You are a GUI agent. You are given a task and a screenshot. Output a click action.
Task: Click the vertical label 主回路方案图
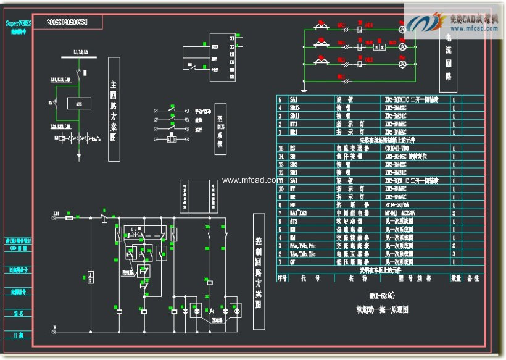(114, 110)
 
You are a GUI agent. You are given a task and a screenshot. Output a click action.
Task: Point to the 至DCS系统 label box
(218, 131)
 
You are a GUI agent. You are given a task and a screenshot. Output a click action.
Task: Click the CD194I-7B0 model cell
(397, 148)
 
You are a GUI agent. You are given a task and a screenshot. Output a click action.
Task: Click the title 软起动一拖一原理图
(382, 309)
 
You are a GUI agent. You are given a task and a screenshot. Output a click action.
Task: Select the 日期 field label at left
(20, 335)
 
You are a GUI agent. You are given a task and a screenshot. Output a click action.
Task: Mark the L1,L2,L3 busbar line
(80, 59)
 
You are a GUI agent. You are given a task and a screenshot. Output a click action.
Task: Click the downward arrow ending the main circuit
(78, 157)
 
